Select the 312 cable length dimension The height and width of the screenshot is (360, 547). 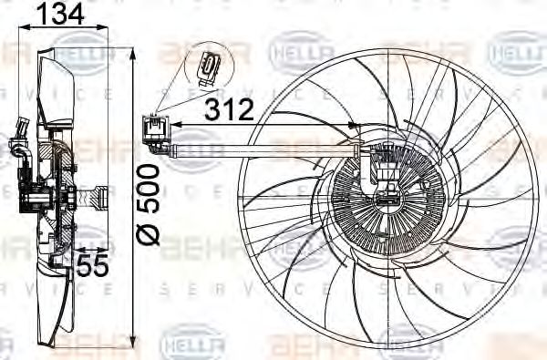[228, 110]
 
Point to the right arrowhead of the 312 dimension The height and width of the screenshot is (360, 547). [355, 125]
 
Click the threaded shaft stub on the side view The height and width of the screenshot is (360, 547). [99, 195]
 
